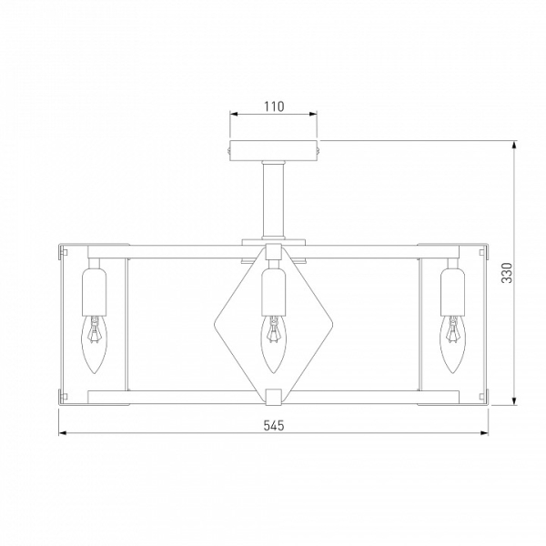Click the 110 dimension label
(x=274, y=106)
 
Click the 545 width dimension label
(x=274, y=426)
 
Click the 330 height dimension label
(x=507, y=273)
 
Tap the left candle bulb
(x=95, y=344)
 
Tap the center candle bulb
(x=274, y=344)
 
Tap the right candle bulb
(x=452, y=344)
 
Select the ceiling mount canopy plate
(x=274, y=151)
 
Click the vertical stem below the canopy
(x=274, y=200)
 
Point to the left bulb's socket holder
(x=95, y=292)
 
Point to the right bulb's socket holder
(x=452, y=292)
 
